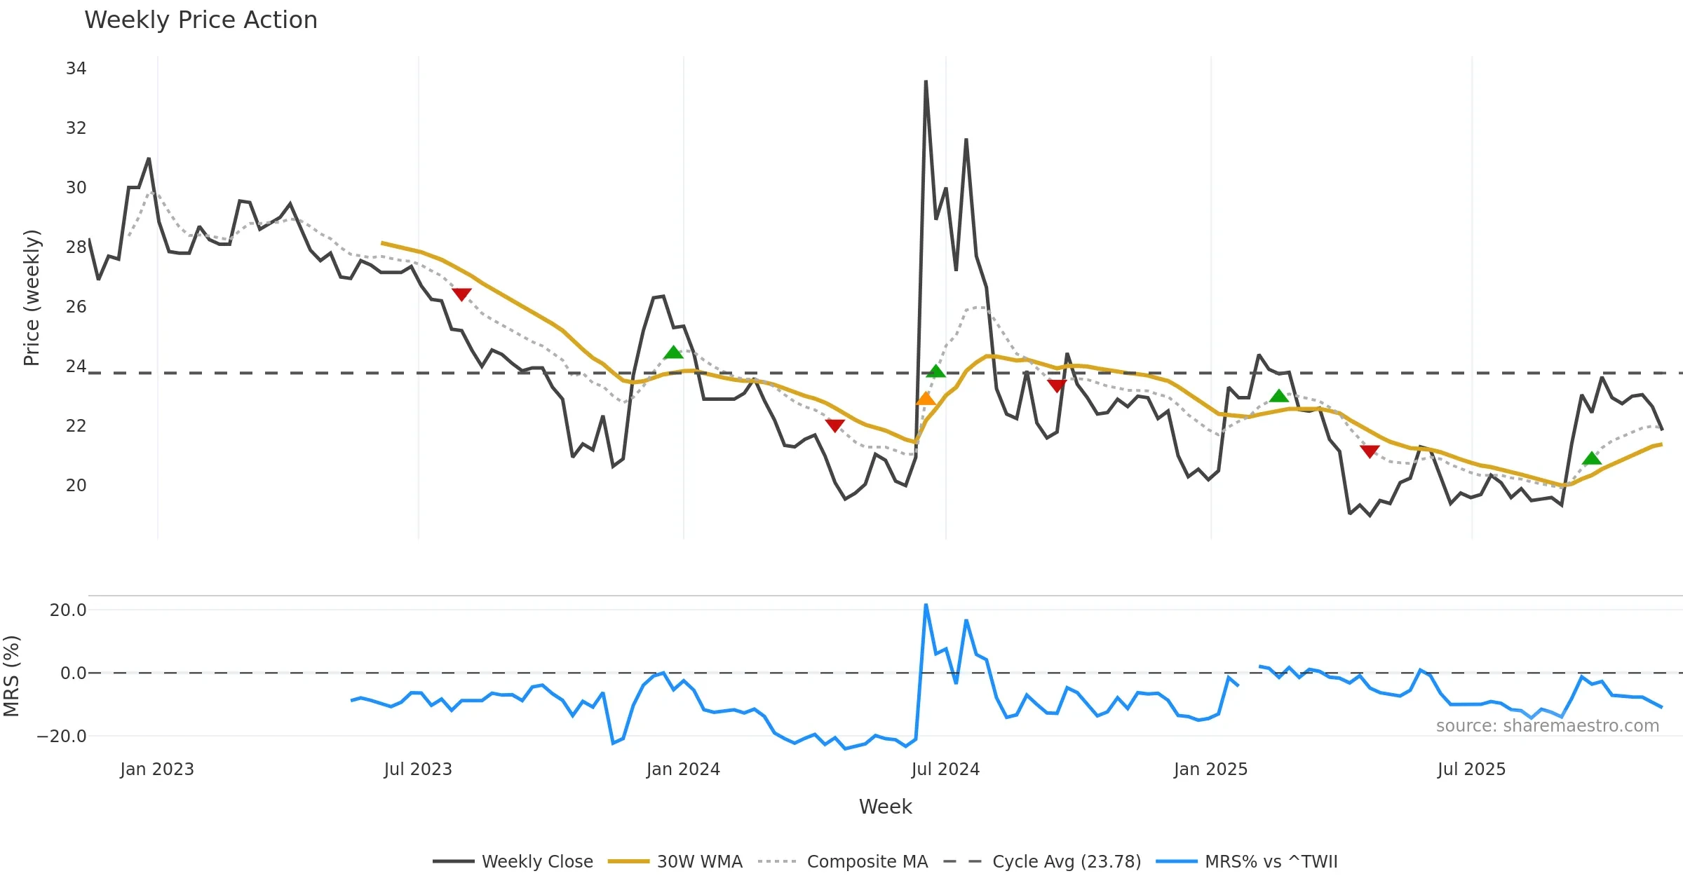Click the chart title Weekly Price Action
(201, 20)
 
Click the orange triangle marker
(926, 399)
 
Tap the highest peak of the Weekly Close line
(926, 81)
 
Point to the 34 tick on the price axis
(76, 69)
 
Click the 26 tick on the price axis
(76, 307)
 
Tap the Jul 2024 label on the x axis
(945, 769)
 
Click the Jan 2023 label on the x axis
(157, 769)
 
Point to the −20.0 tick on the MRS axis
(62, 737)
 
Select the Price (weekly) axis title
(32, 298)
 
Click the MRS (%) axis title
(11, 676)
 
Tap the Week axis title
(885, 807)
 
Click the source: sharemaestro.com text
(1547, 726)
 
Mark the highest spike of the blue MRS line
(926, 605)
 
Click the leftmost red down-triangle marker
(461, 294)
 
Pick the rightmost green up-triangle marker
(1592, 458)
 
